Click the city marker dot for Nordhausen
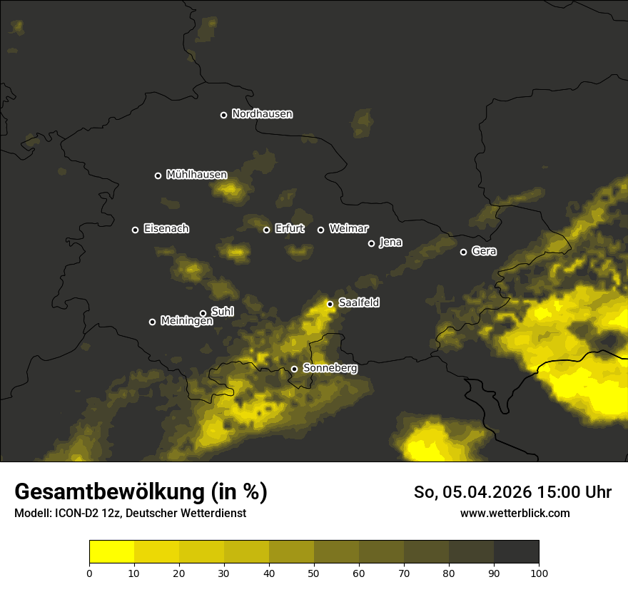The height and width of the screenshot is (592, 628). [223, 115]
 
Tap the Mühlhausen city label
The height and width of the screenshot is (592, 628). [196, 175]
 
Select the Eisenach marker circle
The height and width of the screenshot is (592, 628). [135, 230]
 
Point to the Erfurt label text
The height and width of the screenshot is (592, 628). [289, 229]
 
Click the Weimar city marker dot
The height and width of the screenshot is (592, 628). [320, 230]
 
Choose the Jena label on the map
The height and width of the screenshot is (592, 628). [390, 243]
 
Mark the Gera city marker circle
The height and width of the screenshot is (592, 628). [463, 252]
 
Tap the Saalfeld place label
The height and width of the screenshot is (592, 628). [358, 303]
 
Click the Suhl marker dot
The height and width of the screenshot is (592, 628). [203, 313]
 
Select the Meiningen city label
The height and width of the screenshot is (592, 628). [186, 322]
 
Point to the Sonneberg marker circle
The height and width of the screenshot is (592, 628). [294, 369]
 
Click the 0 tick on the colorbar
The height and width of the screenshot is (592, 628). [89, 573]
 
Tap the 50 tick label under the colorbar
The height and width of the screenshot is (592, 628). [314, 573]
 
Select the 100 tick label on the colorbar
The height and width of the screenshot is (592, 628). [539, 573]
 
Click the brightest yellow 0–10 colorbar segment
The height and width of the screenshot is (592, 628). [111, 552]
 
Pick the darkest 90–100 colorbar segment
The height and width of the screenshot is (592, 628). [516, 552]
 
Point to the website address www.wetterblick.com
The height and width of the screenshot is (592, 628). [515, 514]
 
